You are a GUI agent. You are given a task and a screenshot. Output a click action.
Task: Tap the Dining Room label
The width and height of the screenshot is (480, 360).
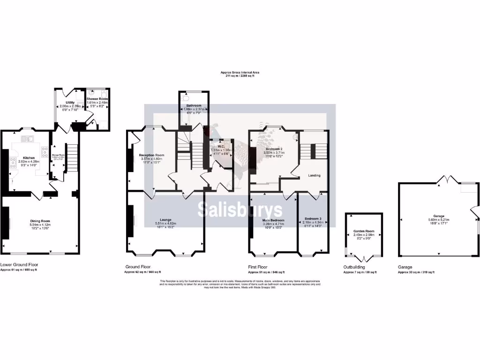coord(40,221)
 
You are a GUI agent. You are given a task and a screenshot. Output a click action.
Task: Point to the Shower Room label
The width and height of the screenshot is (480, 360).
coord(97,99)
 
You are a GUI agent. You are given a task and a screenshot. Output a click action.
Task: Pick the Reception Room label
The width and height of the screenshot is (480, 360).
coord(151,155)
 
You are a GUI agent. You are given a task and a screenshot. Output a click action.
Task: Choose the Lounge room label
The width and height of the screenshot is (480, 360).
coord(165,219)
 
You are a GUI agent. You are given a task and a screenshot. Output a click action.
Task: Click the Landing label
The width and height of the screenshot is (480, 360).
coord(314,175)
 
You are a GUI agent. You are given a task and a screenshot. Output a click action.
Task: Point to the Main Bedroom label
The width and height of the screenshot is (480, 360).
coord(273,220)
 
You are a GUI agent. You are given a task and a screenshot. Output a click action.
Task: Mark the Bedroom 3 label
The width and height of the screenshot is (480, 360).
coord(313,218)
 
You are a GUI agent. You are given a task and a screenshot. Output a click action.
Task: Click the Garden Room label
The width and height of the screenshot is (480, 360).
coord(364,232)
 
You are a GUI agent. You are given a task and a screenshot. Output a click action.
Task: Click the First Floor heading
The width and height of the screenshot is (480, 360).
coord(258,267)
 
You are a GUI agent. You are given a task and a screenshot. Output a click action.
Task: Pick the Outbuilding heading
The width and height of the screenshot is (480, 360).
coord(354,267)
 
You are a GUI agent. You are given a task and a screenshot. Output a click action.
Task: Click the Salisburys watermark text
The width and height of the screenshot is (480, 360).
coord(240,210)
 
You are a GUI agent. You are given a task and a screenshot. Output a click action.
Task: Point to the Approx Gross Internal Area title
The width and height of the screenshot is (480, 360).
coord(240,73)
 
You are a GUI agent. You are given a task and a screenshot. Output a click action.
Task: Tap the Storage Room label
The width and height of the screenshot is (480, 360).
coord(58,155)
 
